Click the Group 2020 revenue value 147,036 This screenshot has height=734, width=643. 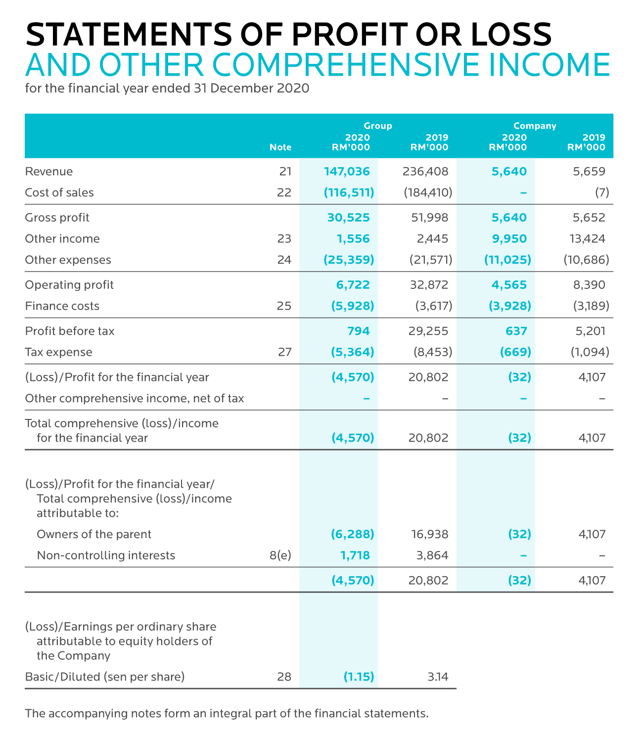[x=347, y=172]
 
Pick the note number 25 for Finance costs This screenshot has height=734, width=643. [x=284, y=306]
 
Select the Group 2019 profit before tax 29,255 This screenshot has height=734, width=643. [x=428, y=331]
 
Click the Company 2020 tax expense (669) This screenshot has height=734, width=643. [x=515, y=352]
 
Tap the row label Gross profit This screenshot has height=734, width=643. [x=57, y=218]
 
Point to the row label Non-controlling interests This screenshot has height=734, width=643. [x=106, y=555]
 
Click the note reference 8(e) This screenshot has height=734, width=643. [x=280, y=555]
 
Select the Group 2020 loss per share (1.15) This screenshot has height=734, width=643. [x=359, y=677]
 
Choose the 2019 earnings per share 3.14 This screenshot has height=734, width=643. [x=438, y=677]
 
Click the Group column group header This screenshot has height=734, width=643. [x=378, y=126]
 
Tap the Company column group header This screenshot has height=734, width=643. [x=535, y=126]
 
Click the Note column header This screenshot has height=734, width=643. [x=280, y=147]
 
